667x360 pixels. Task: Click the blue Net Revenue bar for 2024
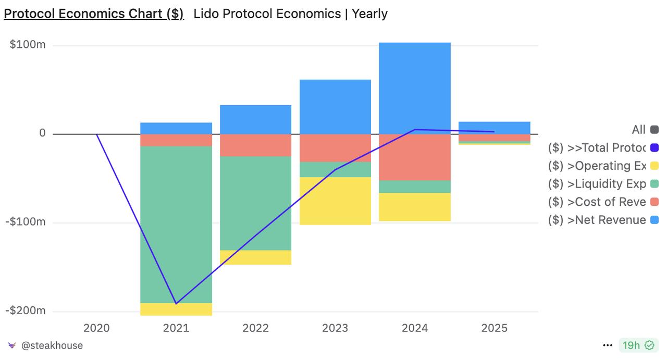(414, 88)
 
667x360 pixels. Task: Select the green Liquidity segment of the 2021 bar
(176, 224)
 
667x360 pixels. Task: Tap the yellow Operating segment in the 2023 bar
(335, 201)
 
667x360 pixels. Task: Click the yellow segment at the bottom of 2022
(255, 257)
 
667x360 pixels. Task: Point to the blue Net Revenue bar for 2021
(176, 128)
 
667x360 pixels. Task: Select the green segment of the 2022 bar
(255, 203)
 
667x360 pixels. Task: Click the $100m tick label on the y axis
(28, 45)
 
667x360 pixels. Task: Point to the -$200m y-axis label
(26, 311)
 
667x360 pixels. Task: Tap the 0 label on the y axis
(42, 133)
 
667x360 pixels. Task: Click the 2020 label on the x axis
(96, 328)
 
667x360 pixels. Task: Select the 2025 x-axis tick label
(494, 328)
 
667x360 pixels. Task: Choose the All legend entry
(638, 130)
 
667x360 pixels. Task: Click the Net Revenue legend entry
(597, 220)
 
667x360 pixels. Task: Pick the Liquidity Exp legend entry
(597, 184)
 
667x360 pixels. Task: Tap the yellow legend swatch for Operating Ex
(654, 166)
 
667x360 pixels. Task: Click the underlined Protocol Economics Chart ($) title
(94, 14)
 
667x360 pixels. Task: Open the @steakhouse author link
(52, 345)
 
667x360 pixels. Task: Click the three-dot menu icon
(608, 345)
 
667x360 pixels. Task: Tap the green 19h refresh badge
(638, 345)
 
